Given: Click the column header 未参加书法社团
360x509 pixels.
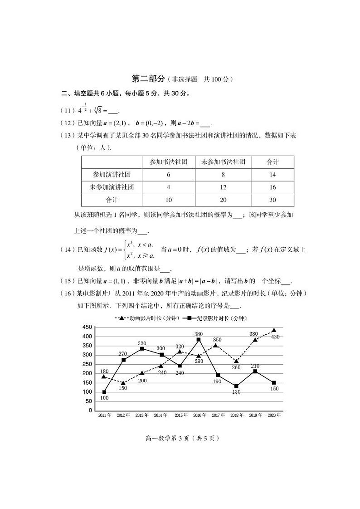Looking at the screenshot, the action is coord(223,162).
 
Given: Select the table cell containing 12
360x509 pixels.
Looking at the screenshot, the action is coord(223,187).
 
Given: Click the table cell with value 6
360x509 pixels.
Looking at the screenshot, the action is coord(169,174).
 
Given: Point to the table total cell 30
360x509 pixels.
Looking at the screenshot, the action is coord(272,200).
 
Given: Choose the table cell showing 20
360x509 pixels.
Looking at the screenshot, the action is coord(223,200).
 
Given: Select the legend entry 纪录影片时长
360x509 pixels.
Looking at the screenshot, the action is coord(217,318).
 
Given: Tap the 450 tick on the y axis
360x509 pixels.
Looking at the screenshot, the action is coord(87,327).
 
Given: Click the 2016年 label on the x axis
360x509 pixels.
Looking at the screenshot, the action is coord(198,415).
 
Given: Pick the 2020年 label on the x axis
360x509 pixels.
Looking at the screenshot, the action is coord(274,415).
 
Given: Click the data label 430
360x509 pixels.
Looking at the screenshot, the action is coord(275,337).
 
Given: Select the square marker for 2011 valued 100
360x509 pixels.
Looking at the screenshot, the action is coord(104,392).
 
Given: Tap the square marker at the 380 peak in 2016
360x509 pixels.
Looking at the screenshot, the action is coord(198,340).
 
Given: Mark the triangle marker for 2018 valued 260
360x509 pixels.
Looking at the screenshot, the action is coord(236,361).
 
